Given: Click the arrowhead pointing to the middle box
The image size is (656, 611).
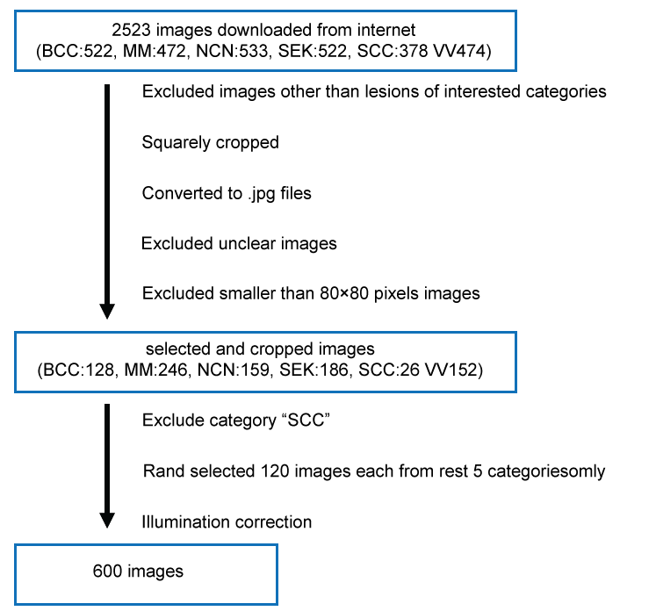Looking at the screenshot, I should (x=107, y=311).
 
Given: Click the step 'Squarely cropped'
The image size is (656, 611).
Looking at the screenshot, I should (x=210, y=142).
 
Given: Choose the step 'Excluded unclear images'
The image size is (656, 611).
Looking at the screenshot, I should (x=239, y=242).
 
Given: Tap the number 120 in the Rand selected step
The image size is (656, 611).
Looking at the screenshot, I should (x=273, y=471).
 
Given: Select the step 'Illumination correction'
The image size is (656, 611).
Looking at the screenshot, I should (x=227, y=522).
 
